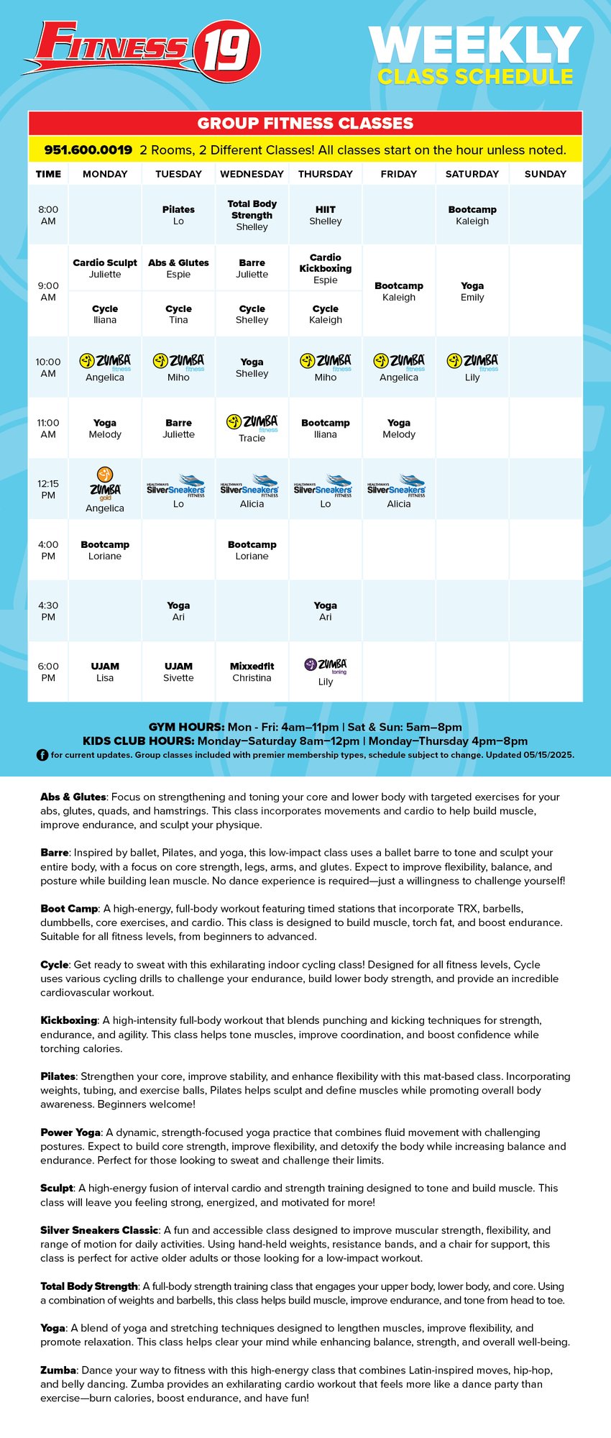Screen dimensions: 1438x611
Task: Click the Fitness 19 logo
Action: tap(141, 49)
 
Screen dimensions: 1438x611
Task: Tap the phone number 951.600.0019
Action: tap(88, 150)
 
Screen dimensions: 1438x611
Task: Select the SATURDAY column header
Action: tap(472, 174)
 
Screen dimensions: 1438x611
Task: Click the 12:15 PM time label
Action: tap(48, 489)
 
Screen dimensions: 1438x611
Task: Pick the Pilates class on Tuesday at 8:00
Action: tap(178, 215)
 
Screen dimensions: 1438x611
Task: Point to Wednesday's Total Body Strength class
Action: tap(252, 215)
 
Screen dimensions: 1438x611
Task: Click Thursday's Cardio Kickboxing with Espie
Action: tap(325, 268)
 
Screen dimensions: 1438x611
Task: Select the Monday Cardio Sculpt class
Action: tap(105, 268)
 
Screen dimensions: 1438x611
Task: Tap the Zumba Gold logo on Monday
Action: tap(105, 483)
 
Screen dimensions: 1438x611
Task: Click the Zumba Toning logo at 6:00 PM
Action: tap(325, 665)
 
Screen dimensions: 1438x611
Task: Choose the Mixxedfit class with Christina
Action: tap(252, 672)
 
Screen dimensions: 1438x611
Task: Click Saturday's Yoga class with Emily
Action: tap(472, 291)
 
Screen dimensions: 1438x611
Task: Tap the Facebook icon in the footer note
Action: tap(42, 755)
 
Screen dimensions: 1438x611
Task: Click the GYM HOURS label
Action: tap(186, 727)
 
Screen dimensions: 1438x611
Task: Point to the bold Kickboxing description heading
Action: tap(68, 1020)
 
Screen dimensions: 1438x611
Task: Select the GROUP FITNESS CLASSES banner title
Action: tap(305, 123)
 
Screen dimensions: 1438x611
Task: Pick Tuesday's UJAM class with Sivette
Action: tap(178, 672)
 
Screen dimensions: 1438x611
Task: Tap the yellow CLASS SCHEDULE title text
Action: tap(475, 77)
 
